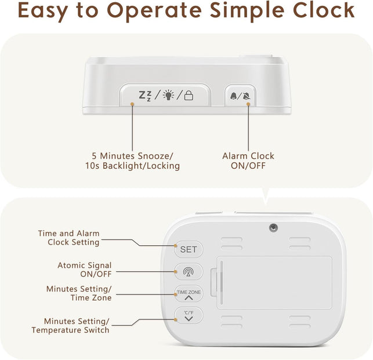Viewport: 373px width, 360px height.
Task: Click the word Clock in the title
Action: tap(324, 10)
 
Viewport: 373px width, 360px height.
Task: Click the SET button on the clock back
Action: tap(189, 249)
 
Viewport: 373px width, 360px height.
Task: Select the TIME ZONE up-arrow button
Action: tap(189, 294)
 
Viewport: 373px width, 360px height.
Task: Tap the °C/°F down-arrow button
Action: tap(189, 316)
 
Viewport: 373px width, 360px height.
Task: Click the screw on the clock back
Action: tap(274, 228)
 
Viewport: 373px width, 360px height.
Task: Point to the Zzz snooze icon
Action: tap(145, 96)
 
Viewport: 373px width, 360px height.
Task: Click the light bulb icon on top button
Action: tap(168, 95)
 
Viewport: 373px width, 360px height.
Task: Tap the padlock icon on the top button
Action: tap(189, 95)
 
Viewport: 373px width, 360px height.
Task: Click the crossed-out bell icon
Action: tap(247, 96)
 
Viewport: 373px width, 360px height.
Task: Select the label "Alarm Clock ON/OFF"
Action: tap(248, 161)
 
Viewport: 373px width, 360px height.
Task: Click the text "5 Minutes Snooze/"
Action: tap(132, 156)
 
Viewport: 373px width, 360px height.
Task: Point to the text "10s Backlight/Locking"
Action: tap(132, 166)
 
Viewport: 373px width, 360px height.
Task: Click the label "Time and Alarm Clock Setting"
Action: tap(69, 238)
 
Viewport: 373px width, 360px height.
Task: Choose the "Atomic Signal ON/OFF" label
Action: tap(85, 270)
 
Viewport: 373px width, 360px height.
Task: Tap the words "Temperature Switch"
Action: tap(70, 330)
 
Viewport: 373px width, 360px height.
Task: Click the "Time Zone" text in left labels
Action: tap(91, 297)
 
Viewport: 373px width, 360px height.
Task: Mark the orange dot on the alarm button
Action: tap(248, 104)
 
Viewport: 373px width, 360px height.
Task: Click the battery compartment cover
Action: tap(274, 282)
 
